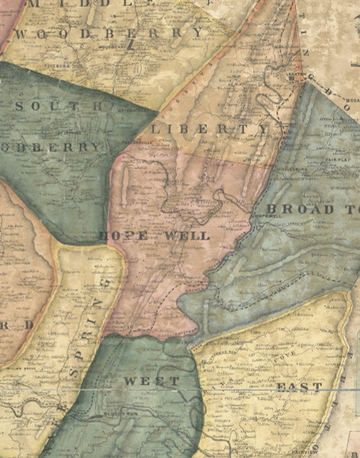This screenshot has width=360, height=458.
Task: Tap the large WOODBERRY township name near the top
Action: [111, 33]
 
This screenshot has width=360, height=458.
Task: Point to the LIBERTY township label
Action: [210, 129]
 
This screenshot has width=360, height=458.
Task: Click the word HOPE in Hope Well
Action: [124, 235]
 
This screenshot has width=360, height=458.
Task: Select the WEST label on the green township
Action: [153, 380]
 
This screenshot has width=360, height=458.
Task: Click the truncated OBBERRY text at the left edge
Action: [50, 146]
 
